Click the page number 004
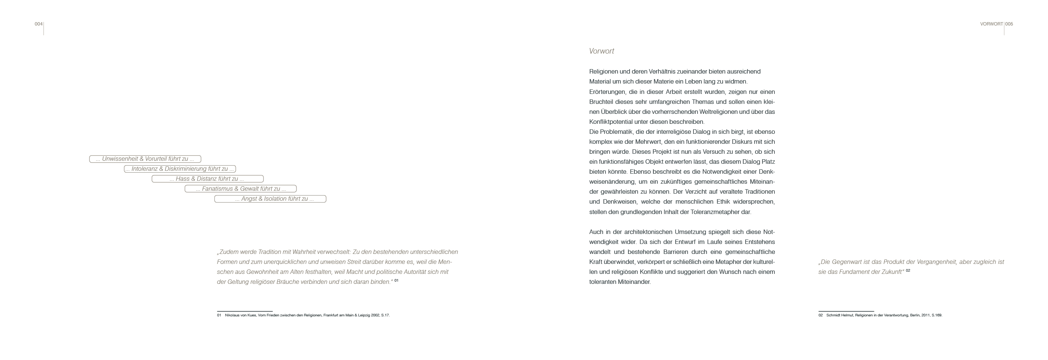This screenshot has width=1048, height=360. coord(38,24)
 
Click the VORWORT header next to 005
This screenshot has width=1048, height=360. coord(991,24)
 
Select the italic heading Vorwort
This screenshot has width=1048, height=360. coord(601,51)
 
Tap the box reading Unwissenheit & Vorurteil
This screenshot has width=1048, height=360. coord(145,159)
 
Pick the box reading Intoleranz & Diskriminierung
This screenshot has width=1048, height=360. coord(180,169)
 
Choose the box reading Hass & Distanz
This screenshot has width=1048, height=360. coord(207,179)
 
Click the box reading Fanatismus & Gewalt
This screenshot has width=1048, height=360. coord(240,189)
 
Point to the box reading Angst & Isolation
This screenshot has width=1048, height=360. coord(270,199)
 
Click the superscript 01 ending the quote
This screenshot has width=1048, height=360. coord(396,280)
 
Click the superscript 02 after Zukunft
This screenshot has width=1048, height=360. coord(908,271)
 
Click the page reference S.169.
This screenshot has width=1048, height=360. coord(936,315)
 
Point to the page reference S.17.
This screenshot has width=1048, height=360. coord(385,315)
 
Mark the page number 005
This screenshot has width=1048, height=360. coord(1009,24)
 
